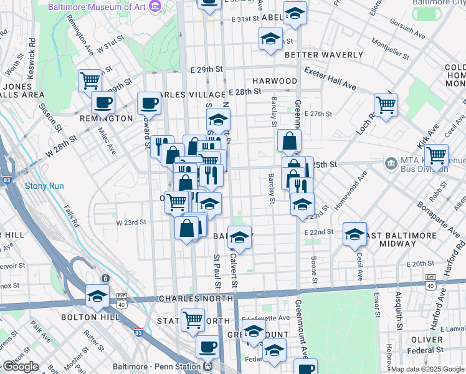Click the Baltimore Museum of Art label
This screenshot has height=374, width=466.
(x=102, y=7)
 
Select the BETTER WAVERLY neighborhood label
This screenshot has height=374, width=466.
(x=323, y=55)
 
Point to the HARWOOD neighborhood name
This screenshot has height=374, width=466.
(x=275, y=81)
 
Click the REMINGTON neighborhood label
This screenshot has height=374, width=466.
(x=107, y=118)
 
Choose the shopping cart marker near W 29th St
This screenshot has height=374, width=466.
(x=90, y=80)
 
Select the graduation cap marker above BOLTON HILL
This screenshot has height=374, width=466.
(x=98, y=296)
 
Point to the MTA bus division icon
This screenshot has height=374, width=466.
(x=391, y=164)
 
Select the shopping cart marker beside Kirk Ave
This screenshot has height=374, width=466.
(x=436, y=154)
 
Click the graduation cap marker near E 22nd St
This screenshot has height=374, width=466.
(x=354, y=234)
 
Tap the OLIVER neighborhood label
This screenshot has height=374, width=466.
(x=427, y=340)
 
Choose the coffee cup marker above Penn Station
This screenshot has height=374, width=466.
(x=207, y=346)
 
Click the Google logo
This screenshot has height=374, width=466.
(x=20, y=367)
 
